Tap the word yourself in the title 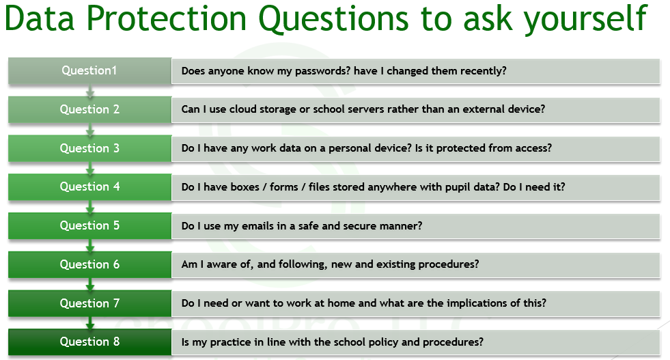coord(585,20)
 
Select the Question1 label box coord(89,70)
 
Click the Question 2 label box coord(89,109)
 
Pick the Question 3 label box coord(89,148)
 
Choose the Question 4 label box coord(89,187)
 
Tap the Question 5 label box coord(89,225)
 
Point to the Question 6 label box coord(89,264)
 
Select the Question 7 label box coord(89,303)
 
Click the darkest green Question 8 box coord(89,342)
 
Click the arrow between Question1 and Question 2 coord(89,91)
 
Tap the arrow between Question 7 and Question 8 coord(89,323)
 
